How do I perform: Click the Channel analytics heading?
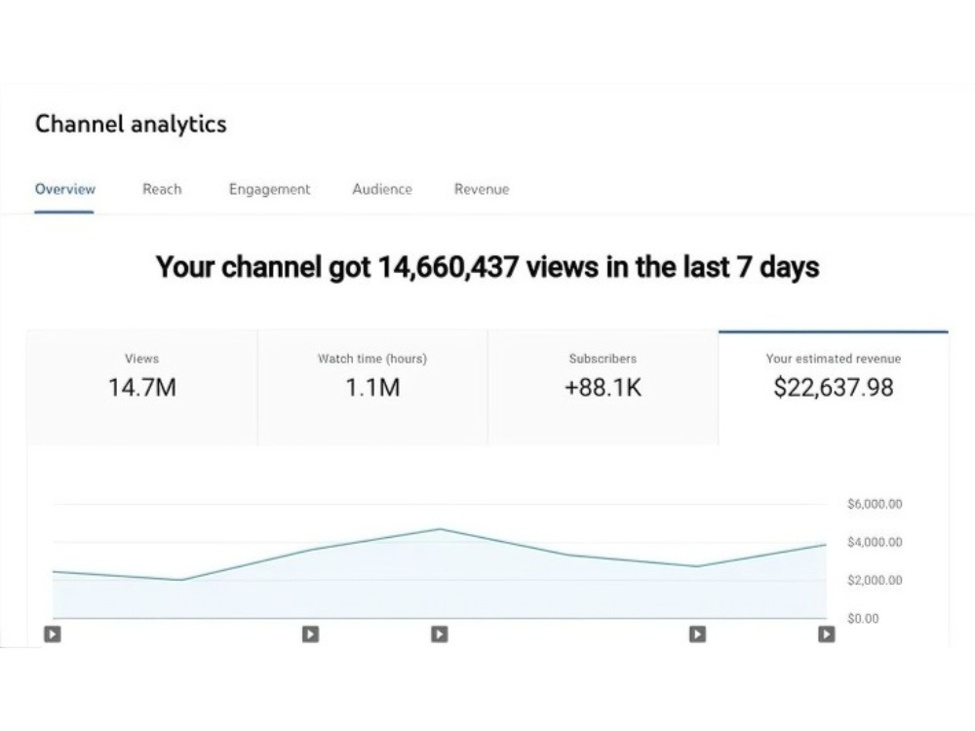pos(131,124)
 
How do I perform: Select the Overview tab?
pos(64,189)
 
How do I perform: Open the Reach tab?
pos(162,189)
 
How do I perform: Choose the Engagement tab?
pos(269,190)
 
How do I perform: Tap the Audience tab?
pos(382,189)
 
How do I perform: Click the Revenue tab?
pos(482,189)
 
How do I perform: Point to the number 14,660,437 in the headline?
pos(448,267)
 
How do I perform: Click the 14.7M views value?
pos(142,387)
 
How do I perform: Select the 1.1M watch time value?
pos(372,387)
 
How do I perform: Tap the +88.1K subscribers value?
pos(603,387)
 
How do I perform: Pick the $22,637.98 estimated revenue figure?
pos(834,387)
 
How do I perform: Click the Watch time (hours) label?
pos(372,359)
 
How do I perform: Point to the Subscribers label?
pos(603,359)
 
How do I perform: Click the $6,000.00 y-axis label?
pos(875,504)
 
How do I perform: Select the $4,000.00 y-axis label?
pos(875,542)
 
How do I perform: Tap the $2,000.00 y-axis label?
pos(875,580)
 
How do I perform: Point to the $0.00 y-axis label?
pos(864,619)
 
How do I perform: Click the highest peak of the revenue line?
pos(441,529)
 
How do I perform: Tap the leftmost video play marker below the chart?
pos(53,635)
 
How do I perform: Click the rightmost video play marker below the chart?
pos(827,635)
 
